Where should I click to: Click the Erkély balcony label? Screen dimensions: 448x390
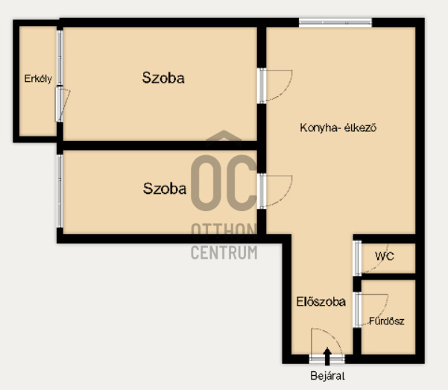[x=38, y=78]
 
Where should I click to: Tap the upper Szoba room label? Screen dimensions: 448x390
[x=163, y=78]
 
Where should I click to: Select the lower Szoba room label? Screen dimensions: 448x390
[x=165, y=189]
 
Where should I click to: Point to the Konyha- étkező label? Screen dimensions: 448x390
[x=338, y=128]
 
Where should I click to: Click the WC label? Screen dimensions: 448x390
[x=385, y=257]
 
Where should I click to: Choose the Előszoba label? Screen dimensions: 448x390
[x=321, y=302]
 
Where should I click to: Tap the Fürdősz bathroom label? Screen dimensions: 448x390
[x=387, y=321]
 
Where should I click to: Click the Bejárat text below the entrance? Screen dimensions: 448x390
[x=327, y=376]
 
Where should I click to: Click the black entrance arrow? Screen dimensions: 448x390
[x=327, y=356]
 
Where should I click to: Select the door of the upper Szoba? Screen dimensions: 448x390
[x=274, y=86]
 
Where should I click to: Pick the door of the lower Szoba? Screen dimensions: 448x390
[x=274, y=191]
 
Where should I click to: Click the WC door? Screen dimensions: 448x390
[x=370, y=258]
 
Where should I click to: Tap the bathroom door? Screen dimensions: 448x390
[x=370, y=310]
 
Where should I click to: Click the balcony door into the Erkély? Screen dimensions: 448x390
[x=63, y=104]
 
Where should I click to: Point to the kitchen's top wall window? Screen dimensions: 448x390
[x=335, y=22]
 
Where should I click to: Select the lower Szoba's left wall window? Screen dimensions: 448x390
[x=60, y=191]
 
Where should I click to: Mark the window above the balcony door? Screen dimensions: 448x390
[x=60, y=57]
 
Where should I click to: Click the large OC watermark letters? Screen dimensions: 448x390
[x=224, y=183]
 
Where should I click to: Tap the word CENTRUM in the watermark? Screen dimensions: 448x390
[x=224, y=253]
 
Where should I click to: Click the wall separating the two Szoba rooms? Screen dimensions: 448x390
[x=160, y=145]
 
